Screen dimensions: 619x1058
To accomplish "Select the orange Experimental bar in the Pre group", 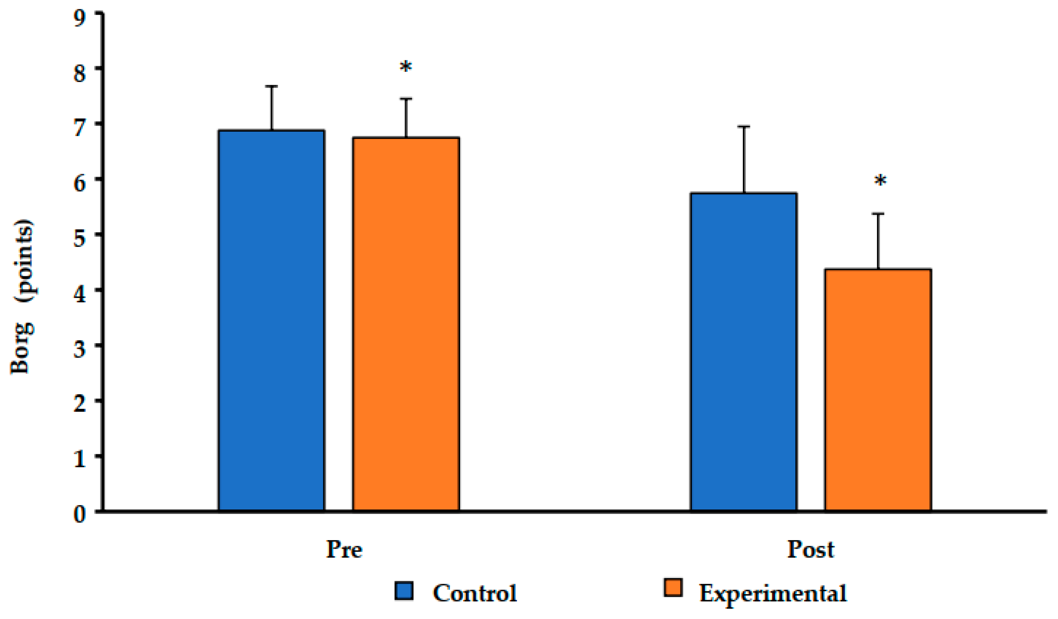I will (x=406, y=324).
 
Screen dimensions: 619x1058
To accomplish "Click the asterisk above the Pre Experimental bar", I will (x=406, y=67).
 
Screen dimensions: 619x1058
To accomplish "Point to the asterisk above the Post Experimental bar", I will (x=880, y=182).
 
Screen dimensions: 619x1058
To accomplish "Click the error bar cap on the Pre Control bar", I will (x=271, y=86).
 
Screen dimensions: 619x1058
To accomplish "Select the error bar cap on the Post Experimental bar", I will (x=878, y=214).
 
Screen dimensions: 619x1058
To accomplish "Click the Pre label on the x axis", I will (x=344, y=549).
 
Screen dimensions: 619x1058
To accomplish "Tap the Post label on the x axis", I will (x=810, y=549).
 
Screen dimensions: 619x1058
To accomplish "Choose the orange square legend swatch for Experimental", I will (x=673, y=588).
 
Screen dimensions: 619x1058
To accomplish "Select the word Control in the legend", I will (x=474, y=593).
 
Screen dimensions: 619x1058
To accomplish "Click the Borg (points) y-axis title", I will (x=22, y=296).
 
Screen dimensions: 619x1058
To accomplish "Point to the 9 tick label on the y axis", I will (x=79, y=19).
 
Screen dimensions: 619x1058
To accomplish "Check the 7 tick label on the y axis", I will (x=79, y=128).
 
